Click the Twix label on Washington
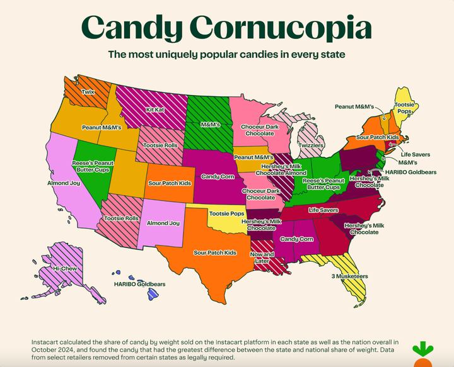pos(88,92)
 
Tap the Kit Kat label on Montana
pos(156,109)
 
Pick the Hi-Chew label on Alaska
pos(65,268)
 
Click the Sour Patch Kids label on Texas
pos(215,252)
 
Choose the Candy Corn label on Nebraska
pos(218,176)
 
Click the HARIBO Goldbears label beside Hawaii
pos(138,284)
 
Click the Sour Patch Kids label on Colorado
pos(170,183)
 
